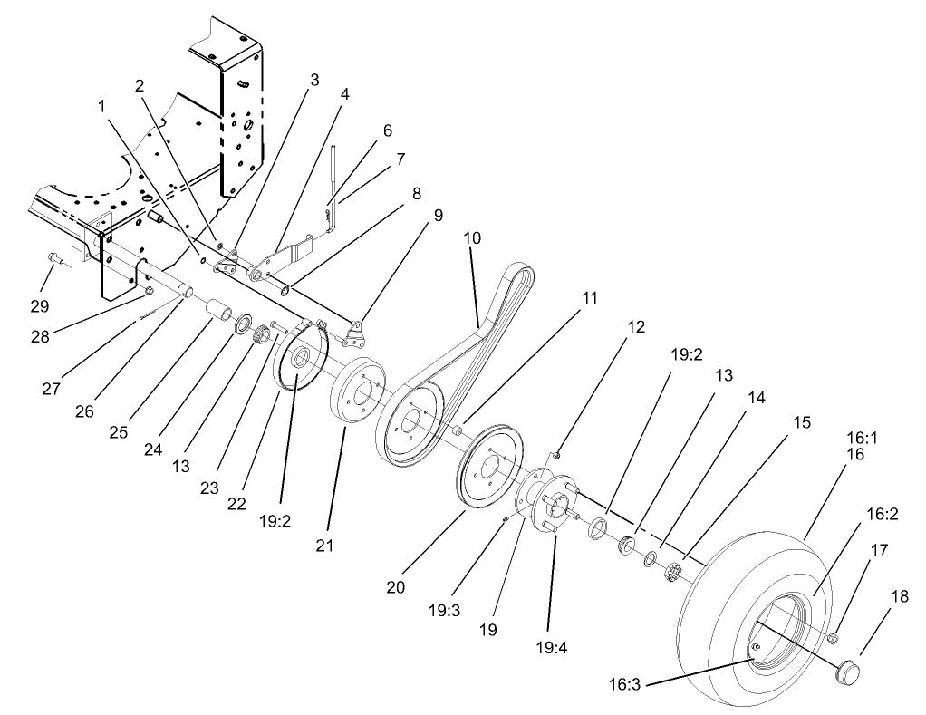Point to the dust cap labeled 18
[x=847, y=672]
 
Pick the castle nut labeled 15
[x=673, y=574]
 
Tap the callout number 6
[x=388, y=130]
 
